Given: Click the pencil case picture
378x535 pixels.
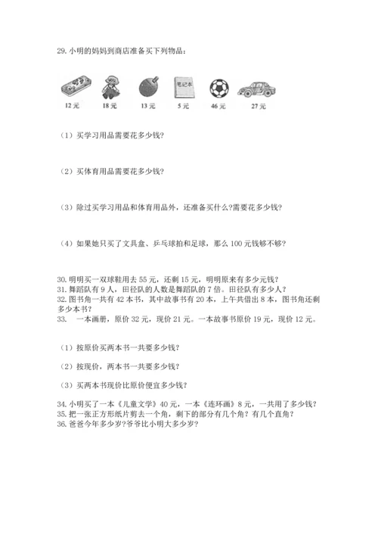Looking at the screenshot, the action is [73, 87].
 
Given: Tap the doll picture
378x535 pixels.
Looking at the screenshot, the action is [111, 86].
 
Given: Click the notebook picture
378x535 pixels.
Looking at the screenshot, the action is [182, 87].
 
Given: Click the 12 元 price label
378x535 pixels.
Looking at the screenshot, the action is [73, 106].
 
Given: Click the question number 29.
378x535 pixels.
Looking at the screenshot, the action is [62, 51].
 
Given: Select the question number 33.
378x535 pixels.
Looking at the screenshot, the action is [62, 319].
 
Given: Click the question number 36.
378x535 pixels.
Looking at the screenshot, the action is [62, 424].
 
